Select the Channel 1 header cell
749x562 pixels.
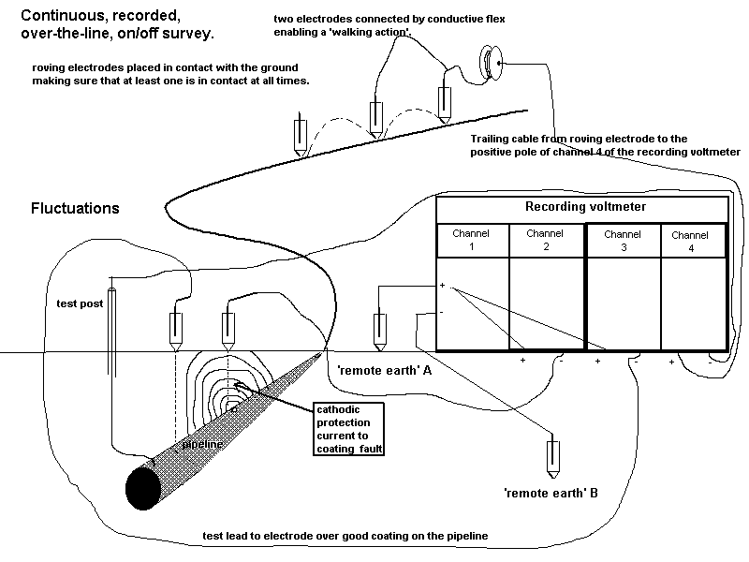point(473,240)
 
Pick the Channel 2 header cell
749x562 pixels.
point(545,240)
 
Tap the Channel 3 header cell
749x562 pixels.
point(623,240)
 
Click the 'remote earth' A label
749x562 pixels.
point(381,370)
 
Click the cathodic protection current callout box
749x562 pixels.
point(350,429)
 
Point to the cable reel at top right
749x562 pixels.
point(490,63)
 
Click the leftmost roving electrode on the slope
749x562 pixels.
point(300,139)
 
